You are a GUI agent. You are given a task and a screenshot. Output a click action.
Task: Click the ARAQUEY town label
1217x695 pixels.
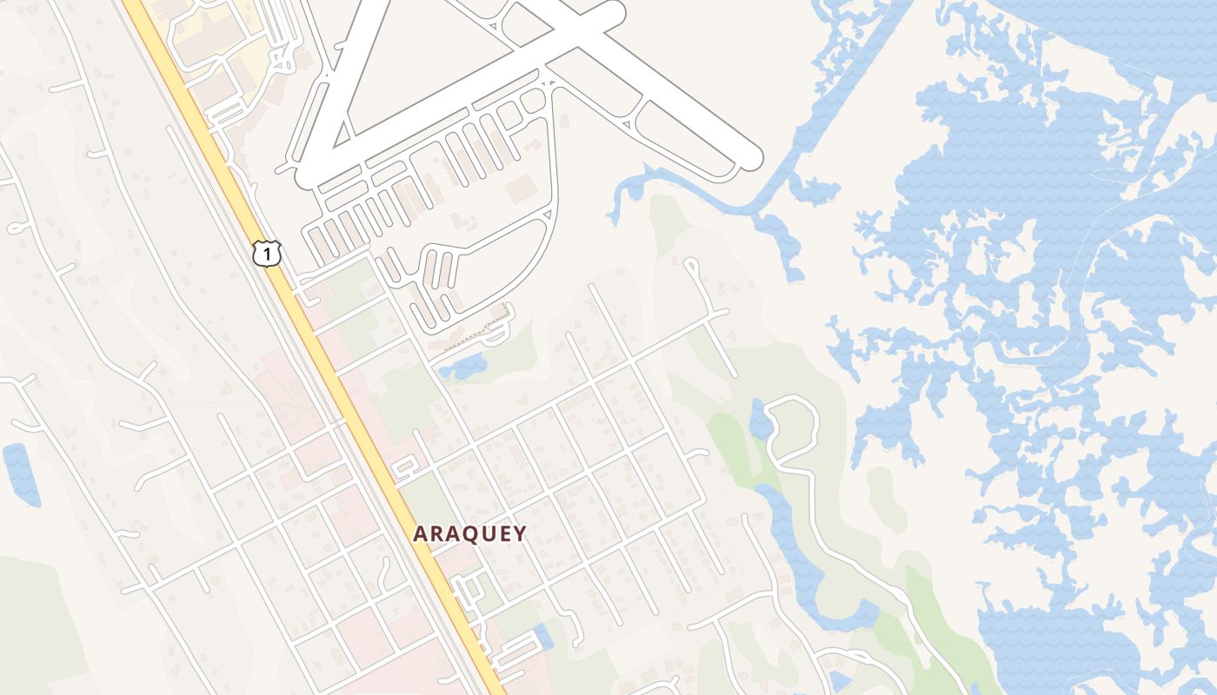pyautogui.click(x=469, y=533)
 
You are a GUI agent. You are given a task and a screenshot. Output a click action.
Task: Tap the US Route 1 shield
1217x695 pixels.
pyautogui.click(x=268, y=253)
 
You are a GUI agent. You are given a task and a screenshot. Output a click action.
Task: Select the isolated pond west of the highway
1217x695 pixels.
pyautogui.click(x=21, y=473)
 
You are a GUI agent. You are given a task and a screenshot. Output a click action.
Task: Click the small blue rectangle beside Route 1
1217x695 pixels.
pyautogui.click(x=544, y=637)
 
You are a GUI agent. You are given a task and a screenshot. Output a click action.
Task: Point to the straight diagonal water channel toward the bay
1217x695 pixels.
pyautogui.click(x=835, y=104)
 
